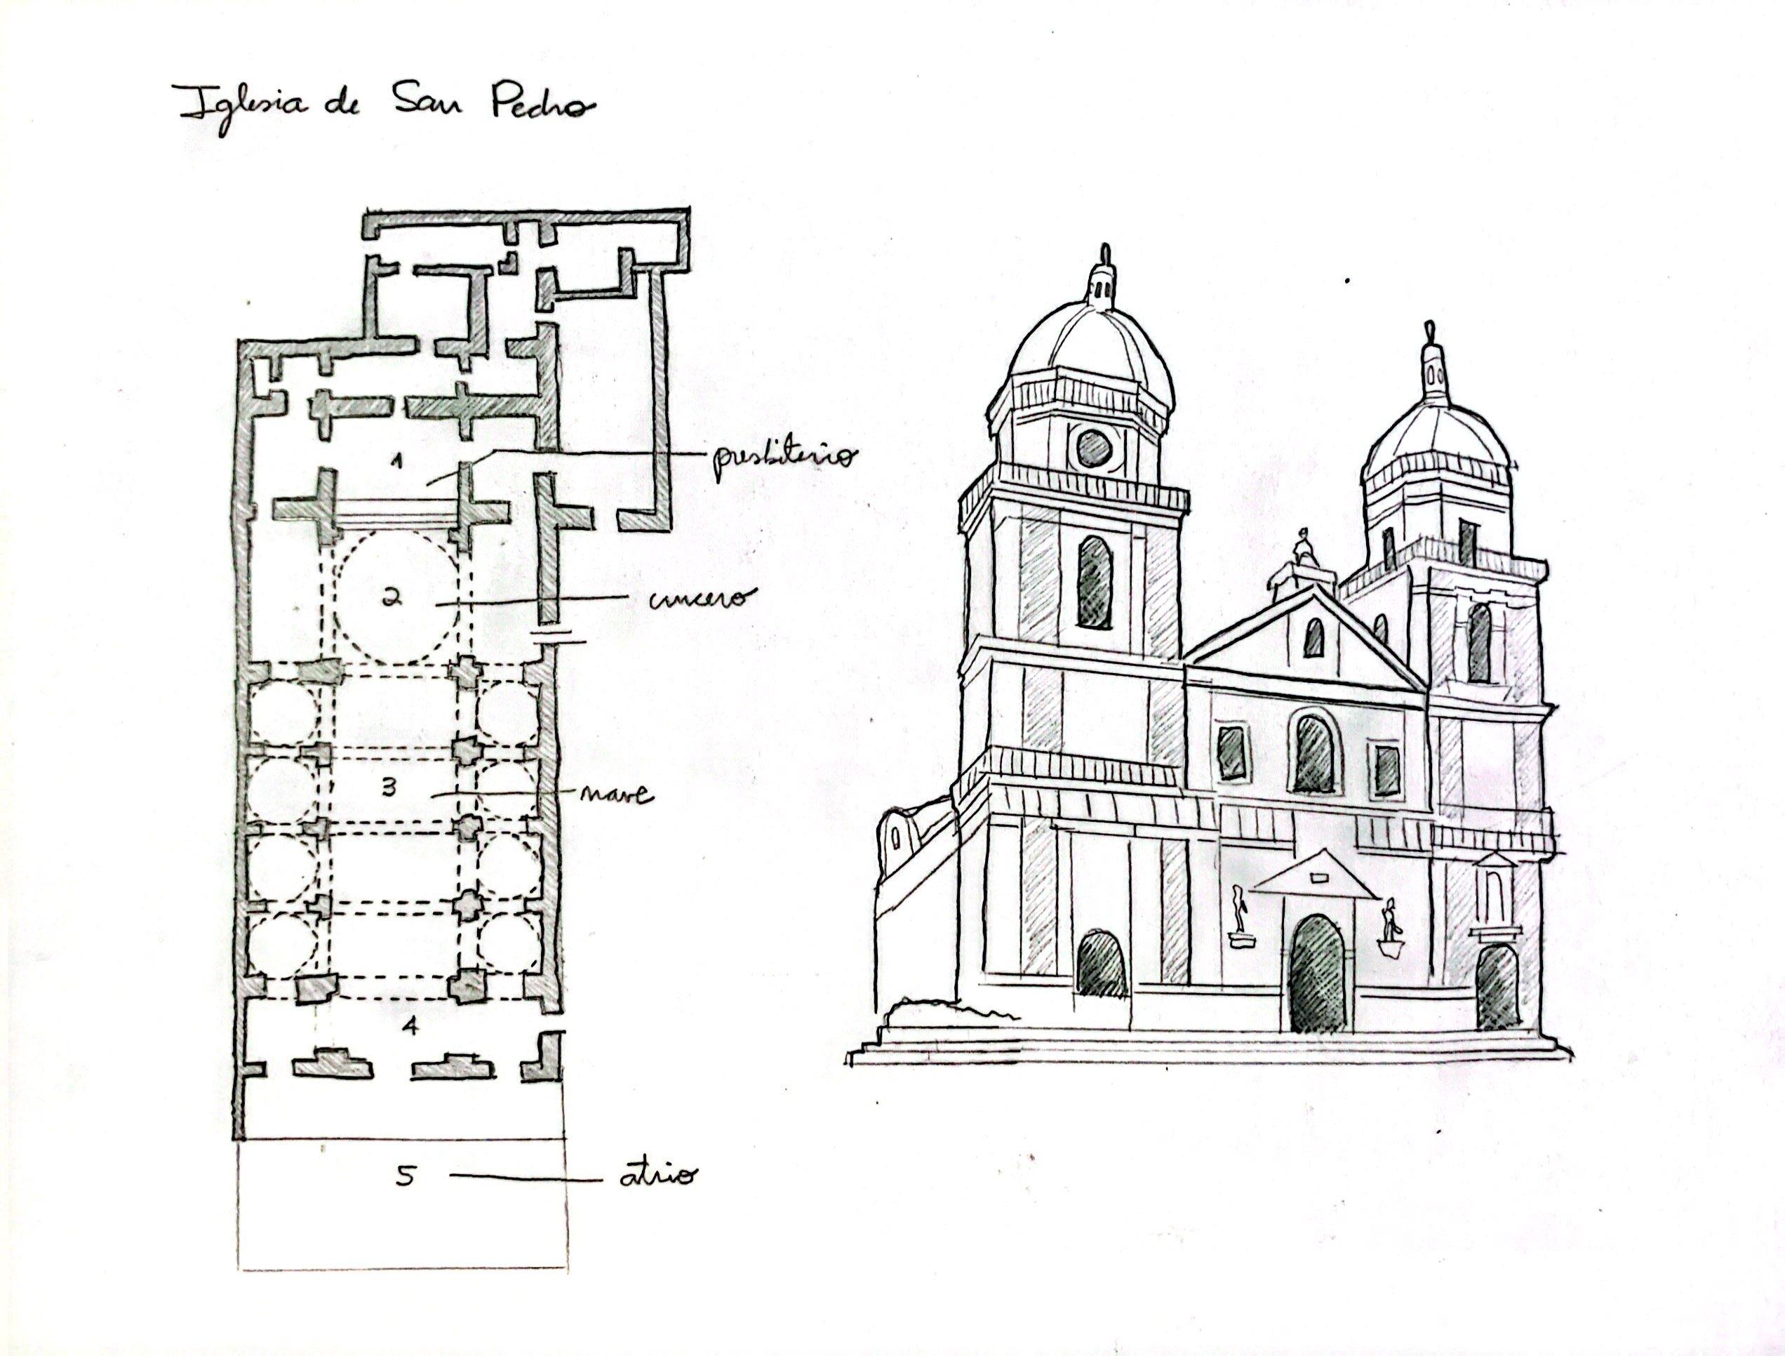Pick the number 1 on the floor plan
pos(396,462)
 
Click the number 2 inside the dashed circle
pos(392,599)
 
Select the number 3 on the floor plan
pos(389,787)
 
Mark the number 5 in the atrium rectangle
pos(406,1177)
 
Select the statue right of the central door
pos(1389,922)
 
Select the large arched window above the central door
pos(1313,754)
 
